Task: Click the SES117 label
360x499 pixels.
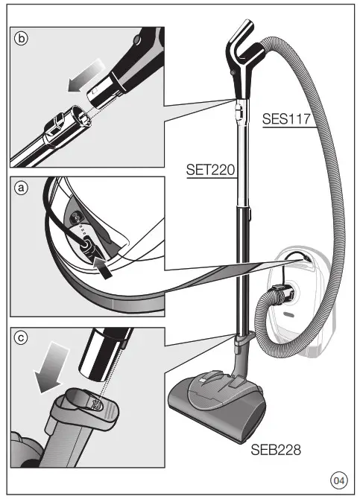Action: [x=287, y=118]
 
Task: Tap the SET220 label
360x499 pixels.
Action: [x=210, y=171]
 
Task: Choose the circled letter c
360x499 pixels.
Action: [x=22, y=338]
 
